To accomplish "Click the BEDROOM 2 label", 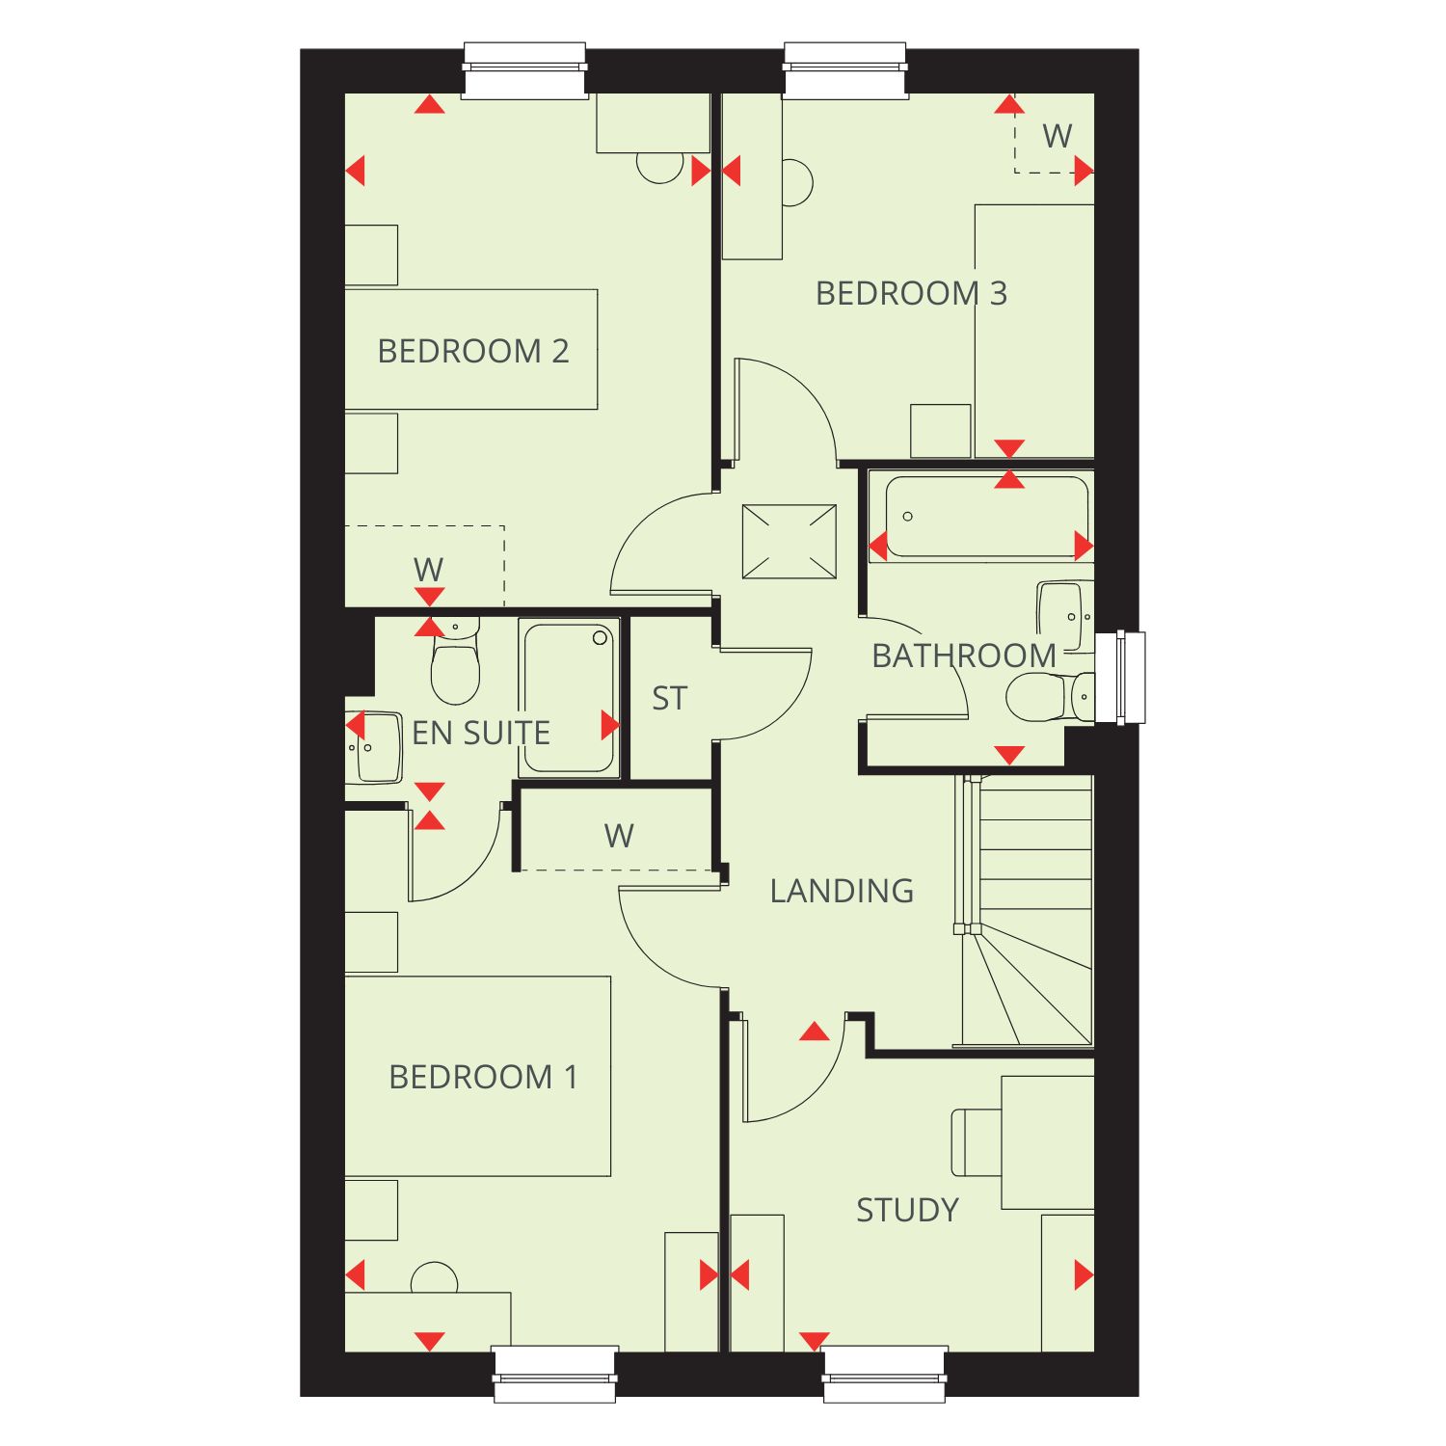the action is point(473,351).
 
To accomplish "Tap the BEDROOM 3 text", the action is point(911,293).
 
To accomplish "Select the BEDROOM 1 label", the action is point(483,1077).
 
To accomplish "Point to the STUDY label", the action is point(907,1210).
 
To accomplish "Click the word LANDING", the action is point(842,891).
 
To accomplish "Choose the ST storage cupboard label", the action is point(669,698).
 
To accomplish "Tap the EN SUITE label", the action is point(481,733).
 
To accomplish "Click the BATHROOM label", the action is point(964,656).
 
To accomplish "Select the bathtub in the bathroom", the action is point(987,517).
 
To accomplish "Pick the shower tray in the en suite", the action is point(569,697).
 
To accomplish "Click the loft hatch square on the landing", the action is point(790,542).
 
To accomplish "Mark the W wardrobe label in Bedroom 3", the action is point(1058,136).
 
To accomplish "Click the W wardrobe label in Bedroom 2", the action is point(428,570).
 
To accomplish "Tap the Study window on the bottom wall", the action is point(885,1375).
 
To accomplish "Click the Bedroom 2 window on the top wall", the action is point(525,70).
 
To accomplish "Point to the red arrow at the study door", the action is point(815,1032).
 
